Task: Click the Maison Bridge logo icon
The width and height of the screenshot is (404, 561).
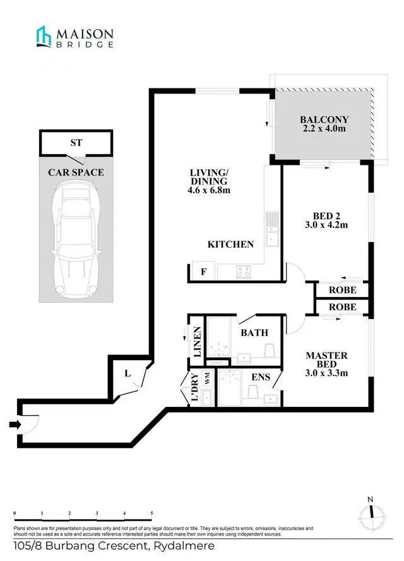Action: pyautogui.click(x=44, y=36)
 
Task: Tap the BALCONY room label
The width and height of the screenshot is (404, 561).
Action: pyautogui.click(x=324, y=119)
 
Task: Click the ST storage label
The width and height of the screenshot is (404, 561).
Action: pyautogui.click(x=76, y=143)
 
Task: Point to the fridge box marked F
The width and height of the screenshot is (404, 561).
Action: pyautogui.click(x=203, y=272)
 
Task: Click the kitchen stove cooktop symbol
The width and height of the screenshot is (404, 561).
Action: pyautogui.click(x=244, y=272)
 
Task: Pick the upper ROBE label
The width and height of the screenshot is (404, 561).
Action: pyautogui.click(x=343, y=290)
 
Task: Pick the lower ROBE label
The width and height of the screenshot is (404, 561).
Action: pyautogui.click(x=343, y=307)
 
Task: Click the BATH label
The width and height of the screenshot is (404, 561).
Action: pyautogui.click(x=254, y=332)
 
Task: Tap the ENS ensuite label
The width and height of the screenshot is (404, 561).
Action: pyautogui.click(x=260, y=377)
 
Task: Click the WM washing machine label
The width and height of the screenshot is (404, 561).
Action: pyautogui.click(x=206, y=378)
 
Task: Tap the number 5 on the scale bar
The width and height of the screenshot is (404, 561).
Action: pyautogui.click(x=152, y=514)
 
